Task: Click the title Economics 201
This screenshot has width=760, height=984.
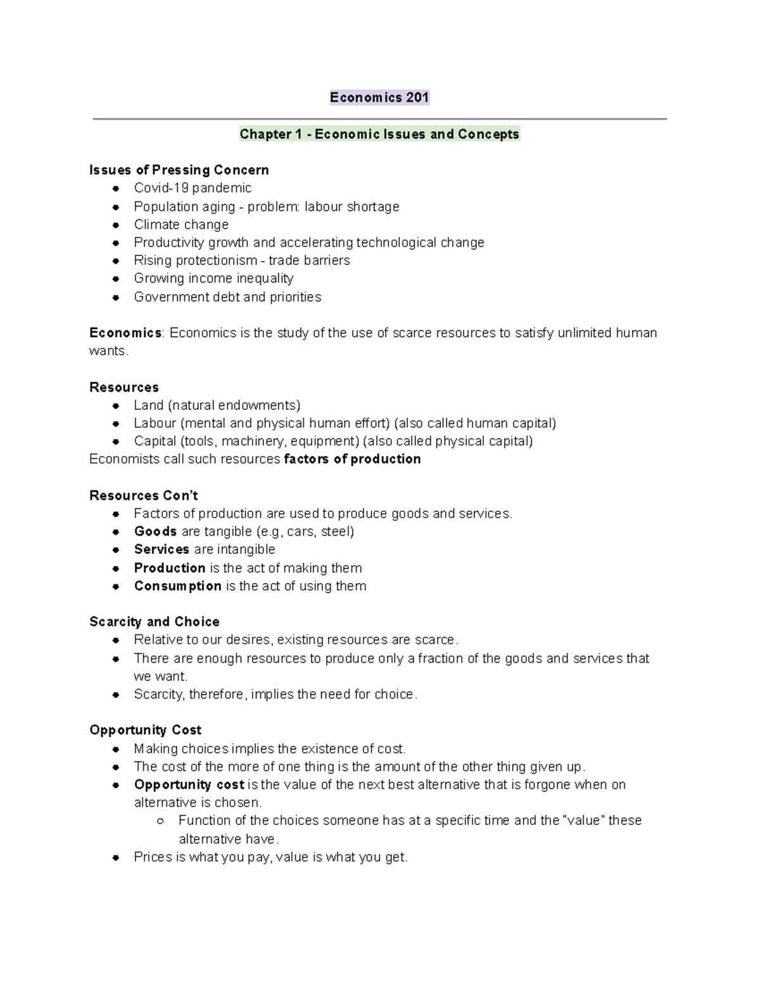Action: [379, 98]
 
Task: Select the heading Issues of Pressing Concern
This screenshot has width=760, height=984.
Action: [179, 170]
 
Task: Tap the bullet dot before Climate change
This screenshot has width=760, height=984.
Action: [116, 225]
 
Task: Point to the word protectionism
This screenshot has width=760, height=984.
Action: [213, 260]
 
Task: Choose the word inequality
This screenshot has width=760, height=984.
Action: [265, 279]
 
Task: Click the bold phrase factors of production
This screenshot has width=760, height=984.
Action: [353, 459]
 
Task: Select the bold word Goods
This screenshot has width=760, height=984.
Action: [155, 532]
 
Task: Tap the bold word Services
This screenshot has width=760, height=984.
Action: [161, 549]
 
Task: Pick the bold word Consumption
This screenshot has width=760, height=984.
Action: [177, 586]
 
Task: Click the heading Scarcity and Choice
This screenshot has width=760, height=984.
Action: [155, 622]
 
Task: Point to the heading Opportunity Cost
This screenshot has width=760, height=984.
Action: [146, 730]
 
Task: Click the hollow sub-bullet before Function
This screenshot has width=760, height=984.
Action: [160, 821]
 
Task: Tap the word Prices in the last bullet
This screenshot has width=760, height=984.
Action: [152, 857]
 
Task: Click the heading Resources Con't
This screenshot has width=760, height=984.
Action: [144, 495]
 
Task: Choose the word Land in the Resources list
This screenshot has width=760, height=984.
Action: [148, 406]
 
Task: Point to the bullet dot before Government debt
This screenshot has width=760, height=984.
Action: [116, 297]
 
